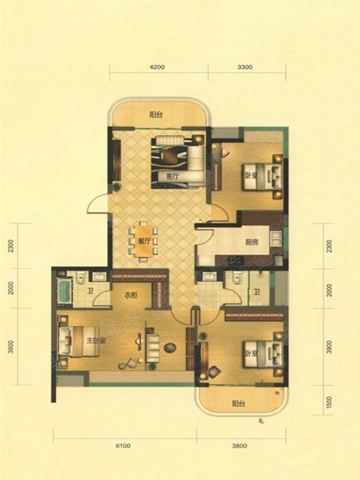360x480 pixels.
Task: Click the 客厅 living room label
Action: click(172, 176)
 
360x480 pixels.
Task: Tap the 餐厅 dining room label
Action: click(144, 241)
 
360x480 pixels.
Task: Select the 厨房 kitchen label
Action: click(251, 242)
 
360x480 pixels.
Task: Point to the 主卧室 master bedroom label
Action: click(96, 340)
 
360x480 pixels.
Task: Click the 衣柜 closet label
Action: click(131, 295)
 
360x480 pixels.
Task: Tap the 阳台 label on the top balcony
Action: click(156, 115)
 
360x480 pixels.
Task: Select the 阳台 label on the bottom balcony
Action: click(238, 403)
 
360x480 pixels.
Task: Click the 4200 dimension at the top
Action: click(157, 67)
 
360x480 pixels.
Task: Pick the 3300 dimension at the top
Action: click(245, 67)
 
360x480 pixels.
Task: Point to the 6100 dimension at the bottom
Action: click(123, 446)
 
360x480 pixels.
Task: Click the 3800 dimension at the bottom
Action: click(239, 446)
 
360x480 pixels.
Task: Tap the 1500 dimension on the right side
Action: click(329, 401)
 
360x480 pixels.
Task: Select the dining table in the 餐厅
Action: click(144, 241)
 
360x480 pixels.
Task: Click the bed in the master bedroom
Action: click(79, 341)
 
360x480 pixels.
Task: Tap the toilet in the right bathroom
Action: click(237, 278)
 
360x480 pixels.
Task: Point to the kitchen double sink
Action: click(276, 239)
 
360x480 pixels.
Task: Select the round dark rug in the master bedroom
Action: click(170, 347)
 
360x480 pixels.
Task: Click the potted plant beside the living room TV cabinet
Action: click(116, 187)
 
